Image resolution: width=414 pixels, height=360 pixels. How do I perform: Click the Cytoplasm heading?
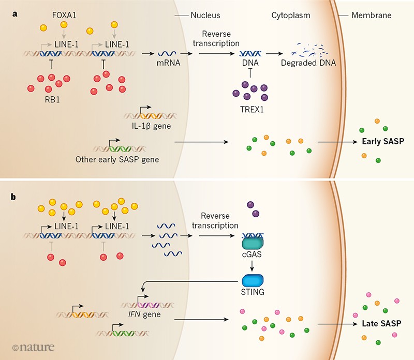click(x=291, y=16)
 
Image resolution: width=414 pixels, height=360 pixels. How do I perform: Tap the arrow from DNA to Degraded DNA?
click(x=275, y=53)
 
